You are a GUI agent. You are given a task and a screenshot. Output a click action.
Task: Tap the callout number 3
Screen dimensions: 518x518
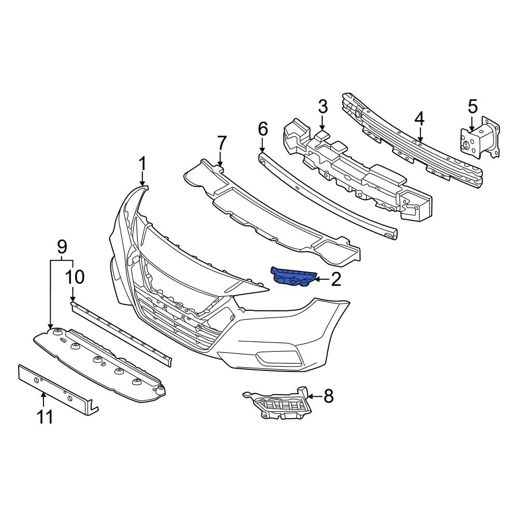pyautogui.click(x=322, y=107)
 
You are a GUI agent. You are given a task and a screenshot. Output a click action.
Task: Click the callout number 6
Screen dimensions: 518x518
pyautogui.click(x=263, y=128)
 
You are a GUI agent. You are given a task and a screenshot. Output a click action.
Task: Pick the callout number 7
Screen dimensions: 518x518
pyautogui.click(x=221, y=142)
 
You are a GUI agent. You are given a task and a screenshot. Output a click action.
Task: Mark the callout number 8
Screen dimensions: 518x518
pyautogui.click(x=328, y=397)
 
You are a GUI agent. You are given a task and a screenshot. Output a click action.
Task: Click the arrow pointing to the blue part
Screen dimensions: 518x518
pyautogui.click(x=320, y=280)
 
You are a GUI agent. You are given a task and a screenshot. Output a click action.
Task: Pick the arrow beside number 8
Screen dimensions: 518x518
pyautogui.click(x=314, y=397)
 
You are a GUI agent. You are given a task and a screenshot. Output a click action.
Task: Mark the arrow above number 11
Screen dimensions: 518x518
pyautogui.click(x=44, y=399)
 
